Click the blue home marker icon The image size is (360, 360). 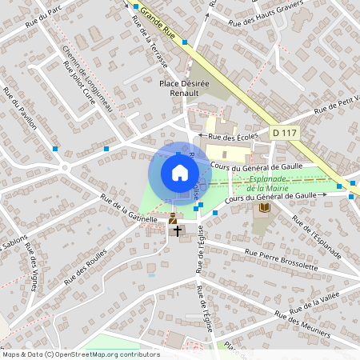(x=179, y=172)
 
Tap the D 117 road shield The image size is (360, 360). (x=284, y=132)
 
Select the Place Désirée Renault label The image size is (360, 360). (x=190, y=86)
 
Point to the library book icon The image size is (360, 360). (x=264, y=209)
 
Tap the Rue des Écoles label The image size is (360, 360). (x=232, y=137)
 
